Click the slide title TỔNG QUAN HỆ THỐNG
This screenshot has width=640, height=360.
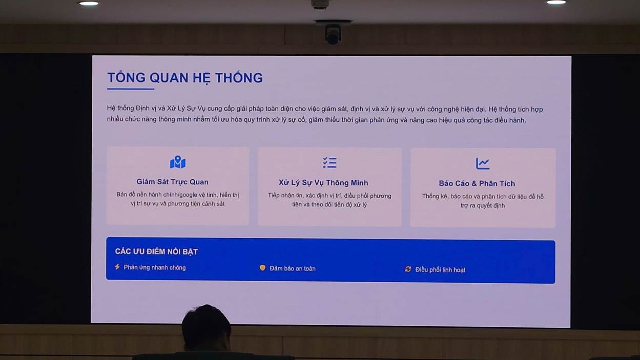pos(184,78)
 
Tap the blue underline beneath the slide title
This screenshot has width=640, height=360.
pos(131,89)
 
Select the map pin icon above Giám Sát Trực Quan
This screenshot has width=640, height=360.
pos(178,162)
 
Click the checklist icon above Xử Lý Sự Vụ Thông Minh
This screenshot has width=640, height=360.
pos(329,163)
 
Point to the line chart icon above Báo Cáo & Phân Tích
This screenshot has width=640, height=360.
pos(483,163)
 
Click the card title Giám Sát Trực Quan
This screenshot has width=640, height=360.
pos(172,182)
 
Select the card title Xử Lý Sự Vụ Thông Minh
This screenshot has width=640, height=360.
pos(323,183)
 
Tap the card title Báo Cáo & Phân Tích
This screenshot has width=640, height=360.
pos(477,183)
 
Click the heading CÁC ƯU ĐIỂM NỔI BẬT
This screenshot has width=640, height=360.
pos(156,251)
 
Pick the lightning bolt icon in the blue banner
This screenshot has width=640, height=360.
pos(117,267)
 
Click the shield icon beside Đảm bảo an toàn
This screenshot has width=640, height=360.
pos(262,268)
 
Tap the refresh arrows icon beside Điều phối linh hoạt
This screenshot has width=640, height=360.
pos(408,269)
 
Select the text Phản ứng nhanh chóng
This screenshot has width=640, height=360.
pos(154,267)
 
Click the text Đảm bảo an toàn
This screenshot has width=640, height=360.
pos(293,268)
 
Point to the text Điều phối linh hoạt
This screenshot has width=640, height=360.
pos(440,270)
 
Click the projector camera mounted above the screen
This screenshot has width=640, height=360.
pos(333,33)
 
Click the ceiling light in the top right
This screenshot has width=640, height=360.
pos(555,3)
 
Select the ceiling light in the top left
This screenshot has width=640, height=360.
pos(89,3)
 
